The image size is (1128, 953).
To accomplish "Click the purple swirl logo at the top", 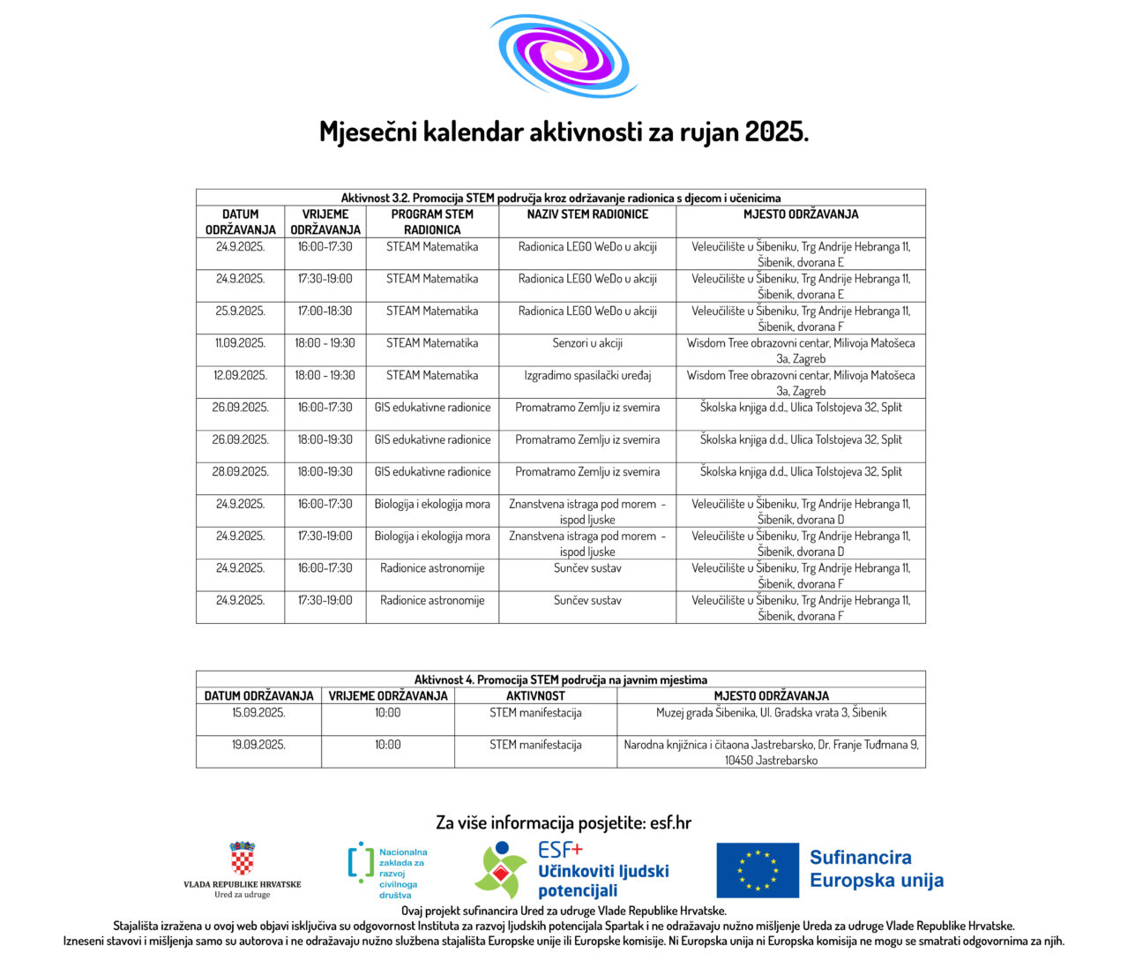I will [563, 55].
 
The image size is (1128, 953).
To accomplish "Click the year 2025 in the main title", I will [776, 132].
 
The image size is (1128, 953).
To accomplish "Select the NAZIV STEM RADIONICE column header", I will [587, 214].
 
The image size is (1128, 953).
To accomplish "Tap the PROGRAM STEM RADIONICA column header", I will [432, 221].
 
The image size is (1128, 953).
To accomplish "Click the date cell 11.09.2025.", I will [240, 343].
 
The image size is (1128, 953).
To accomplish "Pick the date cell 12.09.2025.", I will [240, 375].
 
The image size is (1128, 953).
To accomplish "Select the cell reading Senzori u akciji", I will [587, 343].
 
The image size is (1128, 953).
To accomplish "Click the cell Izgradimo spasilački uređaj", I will [587, 375].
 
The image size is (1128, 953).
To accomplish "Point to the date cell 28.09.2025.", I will [240, 472].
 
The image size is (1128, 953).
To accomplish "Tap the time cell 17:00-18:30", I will [325, 311].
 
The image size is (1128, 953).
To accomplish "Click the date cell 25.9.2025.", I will [240, 311].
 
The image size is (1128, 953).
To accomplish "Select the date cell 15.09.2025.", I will [258, 713].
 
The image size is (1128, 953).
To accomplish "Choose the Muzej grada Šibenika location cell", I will [771, 713].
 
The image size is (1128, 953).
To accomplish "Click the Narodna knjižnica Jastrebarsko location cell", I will [771, 752].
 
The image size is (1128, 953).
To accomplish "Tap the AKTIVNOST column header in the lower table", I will [535, 696].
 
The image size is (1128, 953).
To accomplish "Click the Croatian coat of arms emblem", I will [242, 859].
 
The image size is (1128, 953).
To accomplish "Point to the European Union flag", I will [758, 869].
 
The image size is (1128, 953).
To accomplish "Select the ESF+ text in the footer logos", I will [561, 850].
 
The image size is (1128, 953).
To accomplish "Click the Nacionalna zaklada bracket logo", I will [361, 863].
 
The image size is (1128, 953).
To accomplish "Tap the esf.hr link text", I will [670, 823].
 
